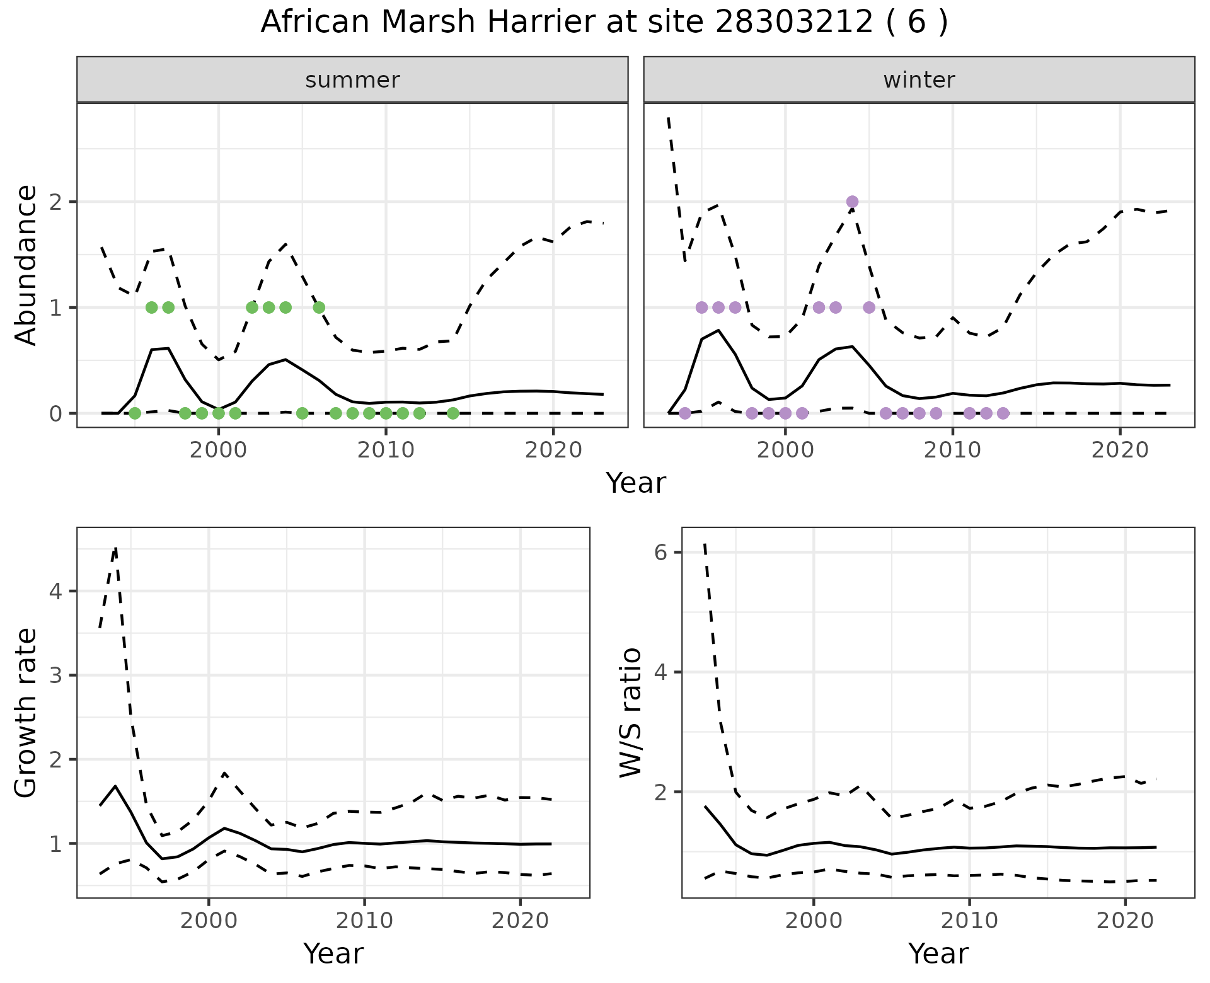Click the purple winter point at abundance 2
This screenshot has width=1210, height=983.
pyautogui.click(x=852, y=202)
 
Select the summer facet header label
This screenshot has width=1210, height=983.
pyautogui.click(x=352, y=80)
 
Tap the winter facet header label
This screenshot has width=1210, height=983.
pyautogui.click(x=919, y=80)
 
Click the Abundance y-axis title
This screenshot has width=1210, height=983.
pyautogui.click(x=26, y=265)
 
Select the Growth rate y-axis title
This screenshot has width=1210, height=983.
pyautogui.click(x=26, y=712)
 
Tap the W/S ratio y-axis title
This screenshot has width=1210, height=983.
pyautogui.click(x=631, y=712)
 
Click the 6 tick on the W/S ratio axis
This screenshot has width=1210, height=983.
pyautogui.click(x=660, y=553)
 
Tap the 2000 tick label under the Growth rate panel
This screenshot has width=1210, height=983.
pyautogui.click(x=209, y=921)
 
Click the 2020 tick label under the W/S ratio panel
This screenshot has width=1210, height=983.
pyautogui.click(x=1125, y=921)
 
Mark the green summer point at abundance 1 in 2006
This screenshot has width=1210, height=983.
pyautogui.click(x=319, y=308)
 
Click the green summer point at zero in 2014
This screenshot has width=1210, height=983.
pyautogui.click(x=452, y=413)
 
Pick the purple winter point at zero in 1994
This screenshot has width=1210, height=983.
pyautogui.click(x=685, y=413)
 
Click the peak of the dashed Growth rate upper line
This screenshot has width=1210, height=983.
pyautogui.click(x=115, y=548)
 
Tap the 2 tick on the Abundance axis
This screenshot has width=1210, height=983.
pyautogui.click(x=55, y=202)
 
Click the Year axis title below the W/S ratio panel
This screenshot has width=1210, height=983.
pyautogui.click(x=938, y=953)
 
